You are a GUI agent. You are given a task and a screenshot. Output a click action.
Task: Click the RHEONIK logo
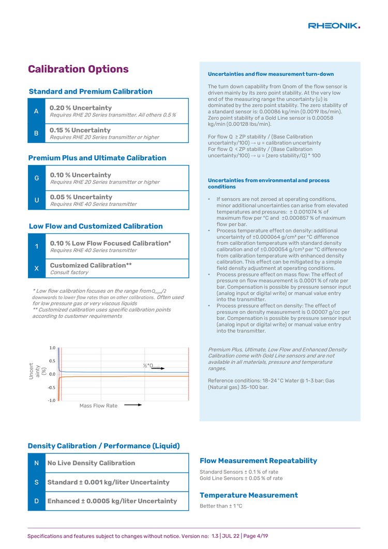(334, 25)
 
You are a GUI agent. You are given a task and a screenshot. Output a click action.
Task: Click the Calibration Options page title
(78, 69)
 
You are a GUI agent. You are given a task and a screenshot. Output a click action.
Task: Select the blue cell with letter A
(36, 111)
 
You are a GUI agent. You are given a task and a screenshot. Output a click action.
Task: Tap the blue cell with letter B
(36, 133)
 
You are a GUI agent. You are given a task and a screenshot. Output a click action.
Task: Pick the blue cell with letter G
(37, 178)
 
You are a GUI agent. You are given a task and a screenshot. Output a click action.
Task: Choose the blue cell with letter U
(37, 200)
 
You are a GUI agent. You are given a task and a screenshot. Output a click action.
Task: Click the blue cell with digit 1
(37, 246)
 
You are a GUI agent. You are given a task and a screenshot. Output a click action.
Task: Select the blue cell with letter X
(37, 269)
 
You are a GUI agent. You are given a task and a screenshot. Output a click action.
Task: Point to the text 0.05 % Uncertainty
(81, 197)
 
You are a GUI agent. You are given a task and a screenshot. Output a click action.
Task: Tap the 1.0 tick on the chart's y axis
(53, 348)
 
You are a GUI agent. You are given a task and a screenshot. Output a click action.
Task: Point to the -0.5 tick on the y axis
(52, 387)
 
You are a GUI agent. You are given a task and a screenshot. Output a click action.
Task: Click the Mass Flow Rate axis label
(98, 406)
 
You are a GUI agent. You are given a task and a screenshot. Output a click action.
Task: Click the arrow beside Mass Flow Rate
(133, 405)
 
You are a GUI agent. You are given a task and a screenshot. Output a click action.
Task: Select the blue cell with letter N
(37, 463)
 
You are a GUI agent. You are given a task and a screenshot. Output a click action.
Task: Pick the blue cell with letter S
(37, 482)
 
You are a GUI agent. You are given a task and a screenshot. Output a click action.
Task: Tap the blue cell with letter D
(37, 501)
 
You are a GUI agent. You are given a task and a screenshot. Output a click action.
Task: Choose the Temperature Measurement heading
(249, 495)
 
